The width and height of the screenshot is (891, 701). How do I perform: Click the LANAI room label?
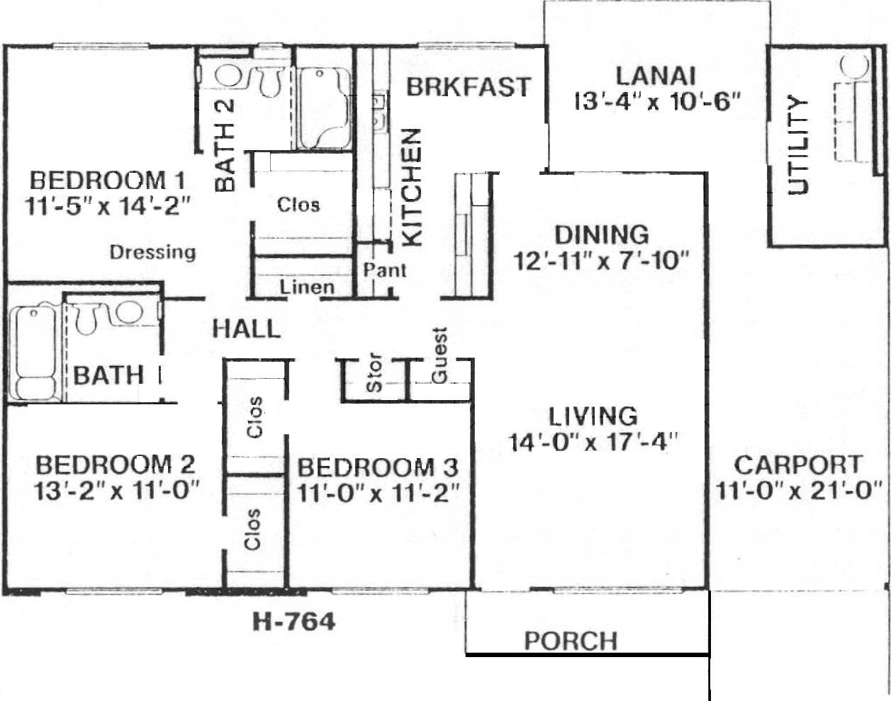pos(655,76)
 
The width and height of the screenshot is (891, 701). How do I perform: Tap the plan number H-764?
pos(293,622)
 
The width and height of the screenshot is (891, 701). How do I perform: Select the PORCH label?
pos(571,641)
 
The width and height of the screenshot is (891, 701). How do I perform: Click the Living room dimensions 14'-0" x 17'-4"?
pos(593,442)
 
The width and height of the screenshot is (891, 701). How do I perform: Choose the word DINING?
pos(602,235)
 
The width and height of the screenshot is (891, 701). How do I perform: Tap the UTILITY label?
pos(797,146)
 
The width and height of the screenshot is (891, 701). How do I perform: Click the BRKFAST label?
pos(469,87)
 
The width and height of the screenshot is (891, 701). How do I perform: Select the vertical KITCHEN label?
pos(412,188)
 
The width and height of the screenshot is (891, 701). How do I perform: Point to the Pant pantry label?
pos(385,270)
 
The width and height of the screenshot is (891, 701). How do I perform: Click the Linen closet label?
pos(307,287)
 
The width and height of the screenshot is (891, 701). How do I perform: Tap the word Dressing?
pos(153,252)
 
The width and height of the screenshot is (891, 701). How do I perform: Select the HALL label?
pos(247,329)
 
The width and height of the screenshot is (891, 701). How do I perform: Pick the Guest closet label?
pos(439,355)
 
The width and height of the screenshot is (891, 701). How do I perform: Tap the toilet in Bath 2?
pos(269,81)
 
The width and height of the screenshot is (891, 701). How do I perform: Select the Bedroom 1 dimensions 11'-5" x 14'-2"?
pos(108,205)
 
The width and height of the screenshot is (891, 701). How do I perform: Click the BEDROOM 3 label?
pos(378,468)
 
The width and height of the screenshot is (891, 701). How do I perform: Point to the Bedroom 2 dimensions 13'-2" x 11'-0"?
pos(116,491)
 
